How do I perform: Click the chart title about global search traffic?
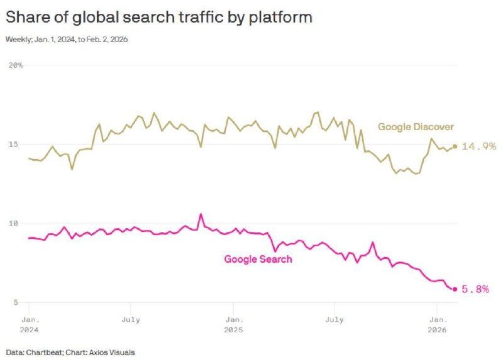pyautogui.click(x=158, y=17)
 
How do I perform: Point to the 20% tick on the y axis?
pyautogui.click(x=16, y=65)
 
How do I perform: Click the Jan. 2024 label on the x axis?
pyautogui.click(x=29, y=324)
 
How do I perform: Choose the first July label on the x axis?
pyautogui.click(x=130, y=320)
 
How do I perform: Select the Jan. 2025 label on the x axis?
pyautogui.click(x=233, y=324)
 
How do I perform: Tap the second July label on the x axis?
pyautogui.click(x=334, y=320)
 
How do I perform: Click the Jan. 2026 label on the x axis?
pyautogui.click(x=437, y=324)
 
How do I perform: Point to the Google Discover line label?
pyautogui.click(x=416, y=127)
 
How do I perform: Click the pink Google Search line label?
pyautogui.click(x=258, y=259)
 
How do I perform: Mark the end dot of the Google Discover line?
pyautogui.click(x=455, y=146)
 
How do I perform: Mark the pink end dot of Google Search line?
pyautogui.click(x=455, y=289)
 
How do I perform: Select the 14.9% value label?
pyautogui.click(x=478, y=146)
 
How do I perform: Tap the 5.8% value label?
pyautogui.click(x=476, y=289)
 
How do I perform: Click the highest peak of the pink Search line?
pyautogui.click(x=201, y=214)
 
